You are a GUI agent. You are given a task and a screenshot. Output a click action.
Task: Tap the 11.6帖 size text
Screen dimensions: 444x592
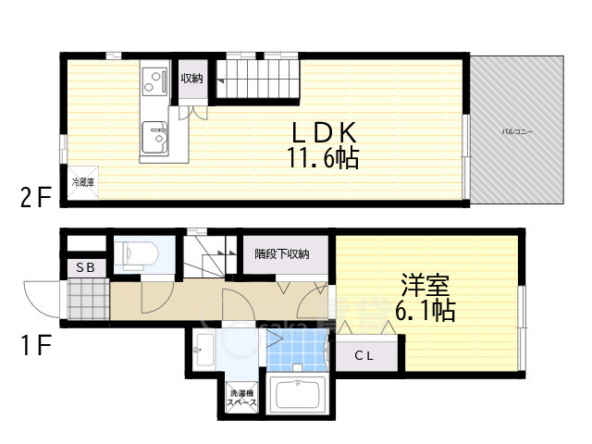pos(322,158)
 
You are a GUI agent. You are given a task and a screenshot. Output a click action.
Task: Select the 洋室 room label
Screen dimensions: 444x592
pos(426,282)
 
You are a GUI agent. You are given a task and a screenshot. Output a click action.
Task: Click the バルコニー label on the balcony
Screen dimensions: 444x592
pos(517,132)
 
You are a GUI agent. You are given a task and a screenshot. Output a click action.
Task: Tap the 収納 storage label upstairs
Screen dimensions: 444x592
pos(192,78)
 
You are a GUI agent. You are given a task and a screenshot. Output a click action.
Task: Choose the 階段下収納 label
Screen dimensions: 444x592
pos(282,253)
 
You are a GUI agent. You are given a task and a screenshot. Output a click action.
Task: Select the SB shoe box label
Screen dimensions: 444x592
pos(85,267)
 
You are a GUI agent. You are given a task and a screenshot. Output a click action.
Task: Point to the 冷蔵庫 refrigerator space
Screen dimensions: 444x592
pos(82,182)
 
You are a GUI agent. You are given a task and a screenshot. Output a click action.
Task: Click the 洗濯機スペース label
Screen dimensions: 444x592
pos(242,399)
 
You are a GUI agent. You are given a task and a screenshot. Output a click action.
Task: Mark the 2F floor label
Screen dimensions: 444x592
pos(34,196)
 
